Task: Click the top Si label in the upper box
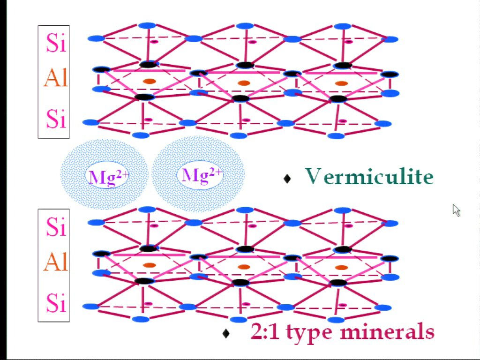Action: click(56, 43)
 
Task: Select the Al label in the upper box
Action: click(55, 78)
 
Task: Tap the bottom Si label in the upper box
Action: click(56, 119)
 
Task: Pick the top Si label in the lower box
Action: click(56, 226)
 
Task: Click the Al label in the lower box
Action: click(55, 262)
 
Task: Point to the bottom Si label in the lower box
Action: click(56, 303)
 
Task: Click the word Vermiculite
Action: click(369, 176)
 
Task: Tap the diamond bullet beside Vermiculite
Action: click(287, 179)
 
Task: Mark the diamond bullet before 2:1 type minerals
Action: click(226, 333)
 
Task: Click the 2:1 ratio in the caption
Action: click(265, 331)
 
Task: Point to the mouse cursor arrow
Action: click(457, 210)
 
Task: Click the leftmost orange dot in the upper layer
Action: click(150, 81)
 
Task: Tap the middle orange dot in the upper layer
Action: click(244, 83)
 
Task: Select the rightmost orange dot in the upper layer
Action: click(341, 83)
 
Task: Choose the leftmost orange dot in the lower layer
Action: click(150, 265)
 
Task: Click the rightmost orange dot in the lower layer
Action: click(341, 268)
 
